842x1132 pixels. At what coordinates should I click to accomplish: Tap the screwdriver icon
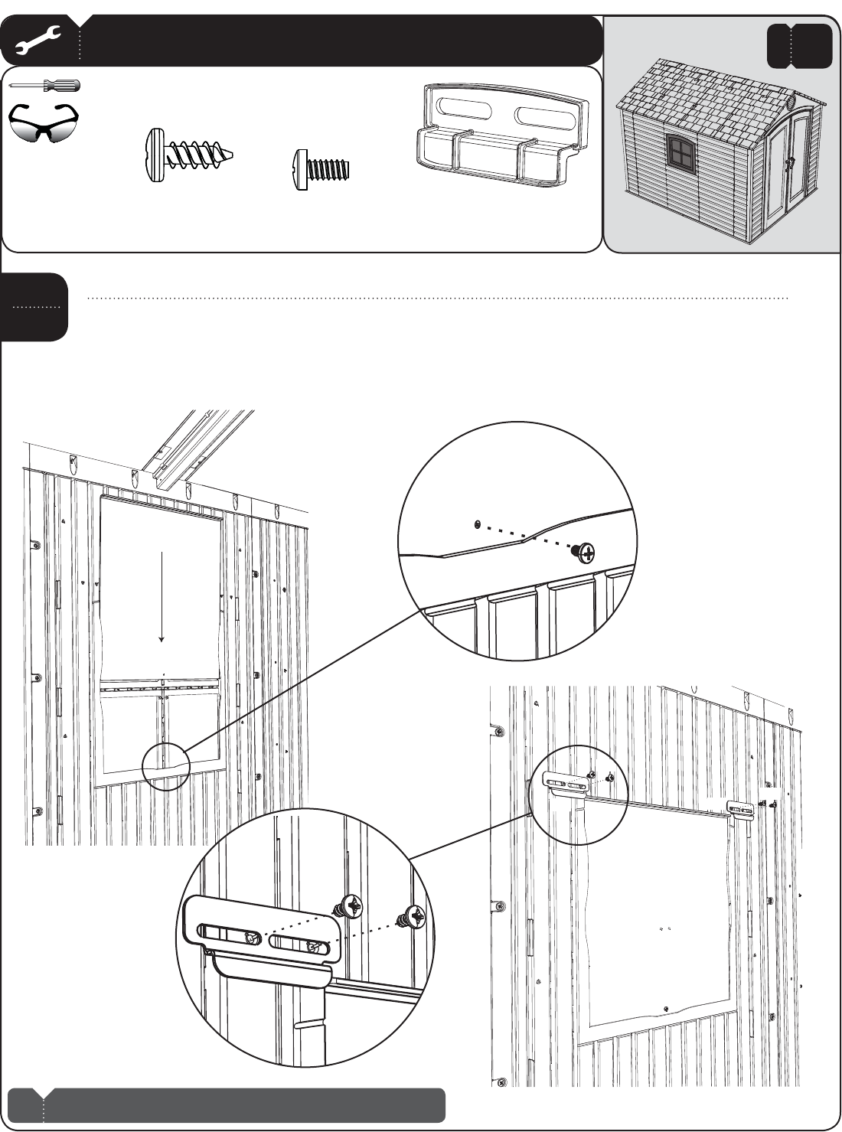[x=44, y=85]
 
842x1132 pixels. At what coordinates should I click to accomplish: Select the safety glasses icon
[x=44, y=122]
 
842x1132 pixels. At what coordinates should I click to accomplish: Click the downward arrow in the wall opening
[x=162, y=597]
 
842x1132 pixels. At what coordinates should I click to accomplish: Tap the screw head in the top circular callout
[x=588, y=550]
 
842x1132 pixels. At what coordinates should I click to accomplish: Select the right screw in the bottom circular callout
[x=413, y=915]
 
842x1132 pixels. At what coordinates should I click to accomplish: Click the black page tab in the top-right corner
[x=798, y=45]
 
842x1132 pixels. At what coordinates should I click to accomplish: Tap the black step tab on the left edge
[x=34, y=307]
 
